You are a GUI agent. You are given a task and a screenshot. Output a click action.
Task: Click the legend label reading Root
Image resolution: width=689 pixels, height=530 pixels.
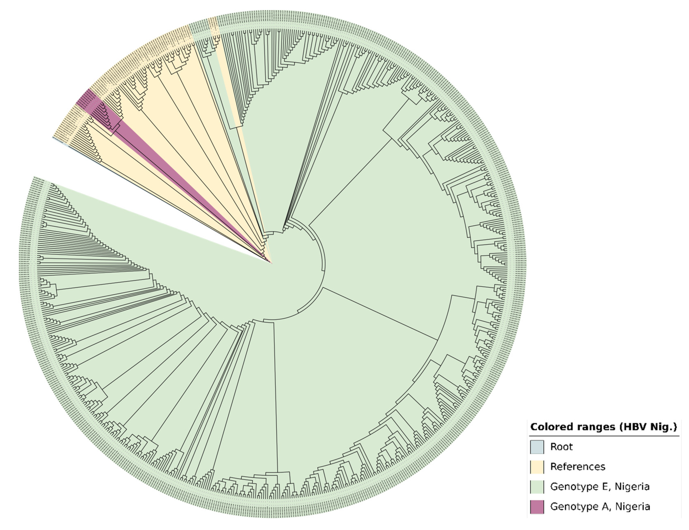[561, 447]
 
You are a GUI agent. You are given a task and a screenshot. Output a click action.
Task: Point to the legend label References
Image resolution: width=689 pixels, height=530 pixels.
[578, 467]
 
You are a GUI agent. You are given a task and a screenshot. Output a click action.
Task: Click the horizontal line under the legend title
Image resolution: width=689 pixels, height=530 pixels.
[604, 436]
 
